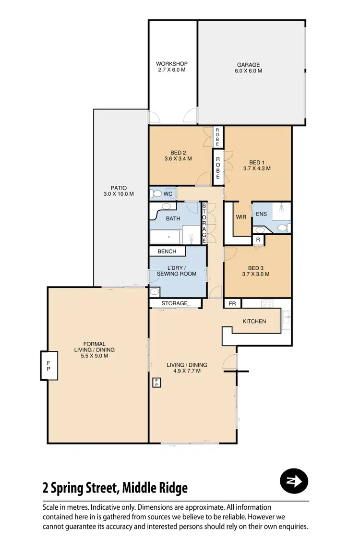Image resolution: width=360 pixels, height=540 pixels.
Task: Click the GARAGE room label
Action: point(248,65)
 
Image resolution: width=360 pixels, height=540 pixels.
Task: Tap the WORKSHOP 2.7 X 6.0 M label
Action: point(171,67)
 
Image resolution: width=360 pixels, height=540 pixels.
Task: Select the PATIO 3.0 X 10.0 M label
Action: point(118,191)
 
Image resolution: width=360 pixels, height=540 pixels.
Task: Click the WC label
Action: point(168,194)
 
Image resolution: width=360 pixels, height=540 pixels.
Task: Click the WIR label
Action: point(241,217)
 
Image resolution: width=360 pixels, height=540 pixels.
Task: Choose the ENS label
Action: point(261,214)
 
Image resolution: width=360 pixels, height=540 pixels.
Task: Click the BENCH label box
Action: point(167,251)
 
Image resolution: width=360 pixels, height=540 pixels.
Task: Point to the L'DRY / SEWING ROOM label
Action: point(176,270)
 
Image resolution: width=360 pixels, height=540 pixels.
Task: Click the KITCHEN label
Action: point(254,321)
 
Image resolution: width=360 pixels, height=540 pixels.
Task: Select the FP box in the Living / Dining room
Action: point(156,383)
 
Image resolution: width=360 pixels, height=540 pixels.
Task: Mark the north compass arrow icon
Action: point(294,481)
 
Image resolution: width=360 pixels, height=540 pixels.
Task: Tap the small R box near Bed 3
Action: point(258,240)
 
